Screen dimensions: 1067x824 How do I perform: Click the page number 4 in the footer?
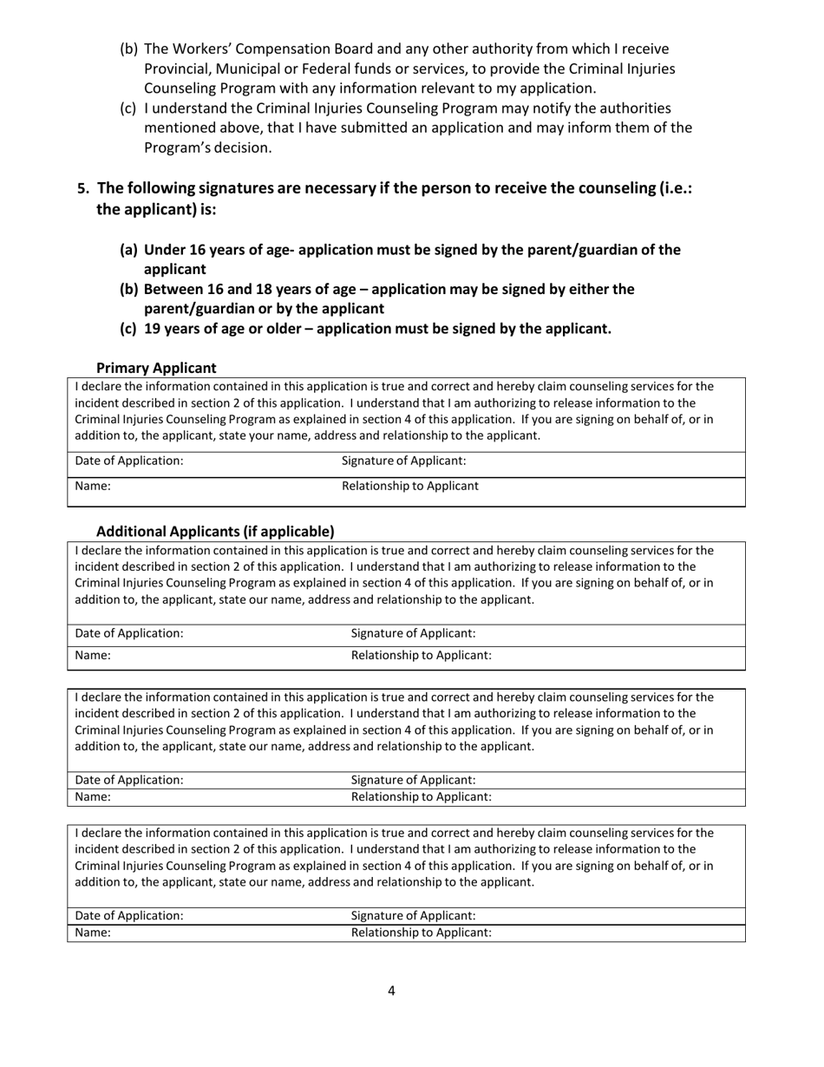pos(391,991)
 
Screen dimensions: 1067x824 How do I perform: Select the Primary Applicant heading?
pos(156,367)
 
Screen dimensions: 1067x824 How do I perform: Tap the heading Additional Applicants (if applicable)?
pos(214,531)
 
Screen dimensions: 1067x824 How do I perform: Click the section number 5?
pos(83,188)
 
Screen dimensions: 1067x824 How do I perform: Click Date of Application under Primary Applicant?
pos(129,461)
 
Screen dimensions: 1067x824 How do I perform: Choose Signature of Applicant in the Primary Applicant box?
pos(403,461)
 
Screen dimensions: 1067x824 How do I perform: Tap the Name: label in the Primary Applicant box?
pos(93,486)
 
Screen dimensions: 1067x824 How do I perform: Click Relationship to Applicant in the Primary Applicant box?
pos(409,486)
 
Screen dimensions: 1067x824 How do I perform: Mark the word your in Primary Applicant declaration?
pos(278,435)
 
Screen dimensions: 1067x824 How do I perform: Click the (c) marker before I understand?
pos(128,108)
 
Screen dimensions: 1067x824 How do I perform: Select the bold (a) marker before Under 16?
pos(128,250)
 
